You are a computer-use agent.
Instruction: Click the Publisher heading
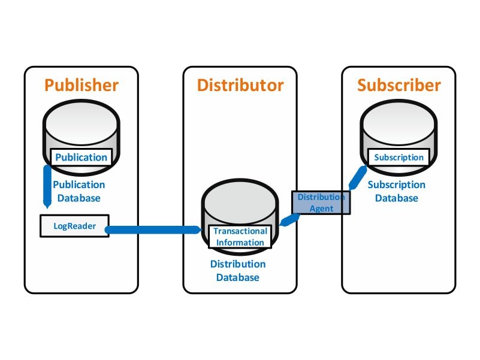pos(81,85)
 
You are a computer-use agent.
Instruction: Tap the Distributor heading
pos(240,85)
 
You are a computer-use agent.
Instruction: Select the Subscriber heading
pos(399,85)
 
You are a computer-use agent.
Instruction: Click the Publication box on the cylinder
pos(81,158)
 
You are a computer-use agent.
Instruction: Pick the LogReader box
pos(74,226)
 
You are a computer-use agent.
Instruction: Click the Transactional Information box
pos(240,237)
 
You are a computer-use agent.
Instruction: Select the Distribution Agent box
pos(321,202)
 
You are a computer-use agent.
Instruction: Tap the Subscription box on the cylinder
pos(399,158)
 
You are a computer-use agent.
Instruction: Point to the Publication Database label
pos(79,191)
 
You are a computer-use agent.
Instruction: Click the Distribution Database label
pos(238,271)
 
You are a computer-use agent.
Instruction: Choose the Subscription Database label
pos(397,191)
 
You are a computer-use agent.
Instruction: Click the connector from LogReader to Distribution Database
pos(153,229)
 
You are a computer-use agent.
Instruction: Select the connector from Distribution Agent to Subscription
pos(358,177)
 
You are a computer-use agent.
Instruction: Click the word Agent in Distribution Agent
pos(321,208)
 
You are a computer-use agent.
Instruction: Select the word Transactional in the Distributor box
pos(240,231)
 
